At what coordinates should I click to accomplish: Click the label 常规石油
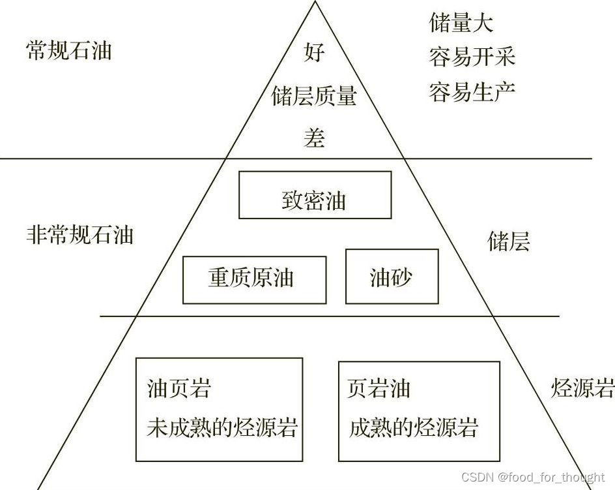point(68,50)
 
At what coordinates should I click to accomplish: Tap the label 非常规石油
point(79,234)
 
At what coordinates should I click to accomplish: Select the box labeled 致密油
point(315,195)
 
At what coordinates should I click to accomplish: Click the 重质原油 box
point(254,280)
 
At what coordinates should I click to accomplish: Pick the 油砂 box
point(392,277)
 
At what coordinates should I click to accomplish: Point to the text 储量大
point(461,23)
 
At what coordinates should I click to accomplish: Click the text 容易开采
point(472,57)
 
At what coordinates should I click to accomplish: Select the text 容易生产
point(472,91)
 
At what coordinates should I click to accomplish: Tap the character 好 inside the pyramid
point(314,52)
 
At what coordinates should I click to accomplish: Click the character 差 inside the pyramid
point(314,138)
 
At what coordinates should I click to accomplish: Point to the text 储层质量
point(314,97)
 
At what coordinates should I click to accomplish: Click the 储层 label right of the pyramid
point(509,241)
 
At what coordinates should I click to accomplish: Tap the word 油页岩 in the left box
point(179,389)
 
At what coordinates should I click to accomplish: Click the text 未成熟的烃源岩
point(222,427)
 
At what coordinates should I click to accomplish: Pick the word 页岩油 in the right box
point(379,389)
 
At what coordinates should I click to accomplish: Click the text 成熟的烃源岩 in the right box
point(414,427)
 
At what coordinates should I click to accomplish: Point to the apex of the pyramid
point(316,3)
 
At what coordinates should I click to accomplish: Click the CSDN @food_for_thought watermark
point(532,477)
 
